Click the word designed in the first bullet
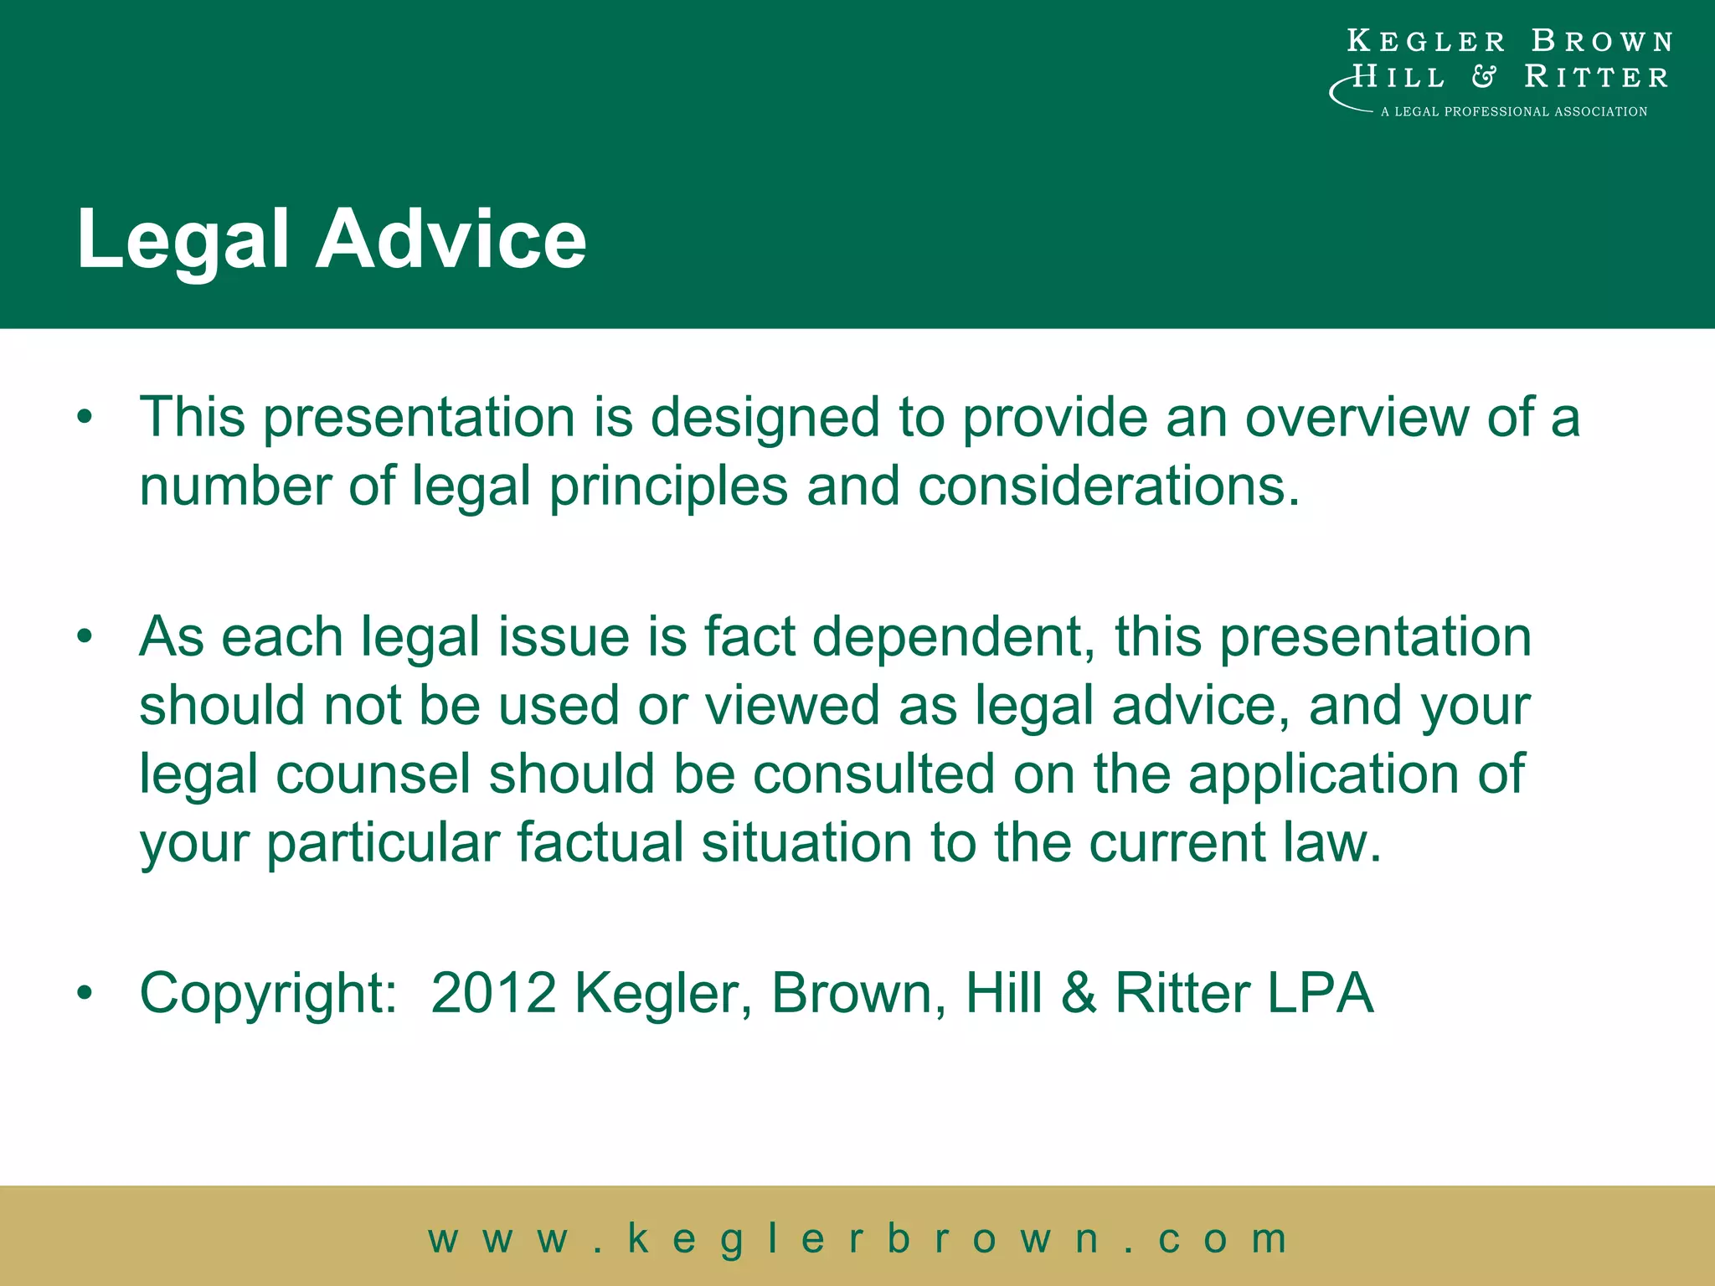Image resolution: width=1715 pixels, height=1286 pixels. pyautogui.click(x=765, y=419)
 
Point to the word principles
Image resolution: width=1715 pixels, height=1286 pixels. pyautogui.click(x=668, y=487)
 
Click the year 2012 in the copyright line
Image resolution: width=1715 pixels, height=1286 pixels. pyautogui.click(x=494, y=994)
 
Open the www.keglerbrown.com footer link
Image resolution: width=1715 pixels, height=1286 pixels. pyautogui.click(x=857, y=1239)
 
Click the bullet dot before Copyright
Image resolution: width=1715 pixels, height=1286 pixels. pyautogui.click(x=84, y=994)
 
